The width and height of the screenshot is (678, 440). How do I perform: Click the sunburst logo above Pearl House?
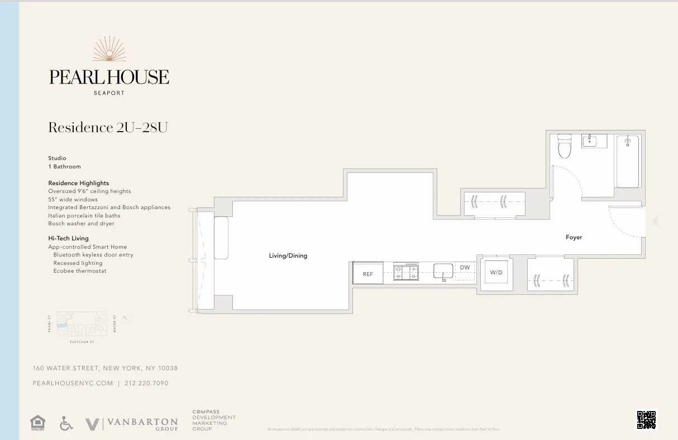109,49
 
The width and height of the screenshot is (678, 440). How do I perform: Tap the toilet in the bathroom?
564,147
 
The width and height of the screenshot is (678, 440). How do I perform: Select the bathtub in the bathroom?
628,161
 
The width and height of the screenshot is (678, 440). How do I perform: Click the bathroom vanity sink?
594,141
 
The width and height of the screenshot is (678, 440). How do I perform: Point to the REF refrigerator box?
368,274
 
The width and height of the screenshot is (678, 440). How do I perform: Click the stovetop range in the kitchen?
406,272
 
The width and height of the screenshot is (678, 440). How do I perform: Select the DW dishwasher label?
465,268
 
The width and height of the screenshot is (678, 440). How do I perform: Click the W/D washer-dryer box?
496,273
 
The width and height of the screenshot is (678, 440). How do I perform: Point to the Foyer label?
574,238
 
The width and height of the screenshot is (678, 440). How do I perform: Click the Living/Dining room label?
288,256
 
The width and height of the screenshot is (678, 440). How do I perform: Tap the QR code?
647,419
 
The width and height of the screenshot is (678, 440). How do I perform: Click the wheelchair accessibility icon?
66,424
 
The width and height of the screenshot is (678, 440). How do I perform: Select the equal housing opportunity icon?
37,423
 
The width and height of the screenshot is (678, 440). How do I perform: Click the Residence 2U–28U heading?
108,128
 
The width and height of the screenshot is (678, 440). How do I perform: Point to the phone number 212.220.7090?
146,384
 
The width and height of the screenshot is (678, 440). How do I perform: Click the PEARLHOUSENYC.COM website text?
73,384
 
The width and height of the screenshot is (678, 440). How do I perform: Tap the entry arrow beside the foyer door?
655,221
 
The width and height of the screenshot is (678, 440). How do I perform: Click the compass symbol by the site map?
127,319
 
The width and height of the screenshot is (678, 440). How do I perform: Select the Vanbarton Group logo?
132,424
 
